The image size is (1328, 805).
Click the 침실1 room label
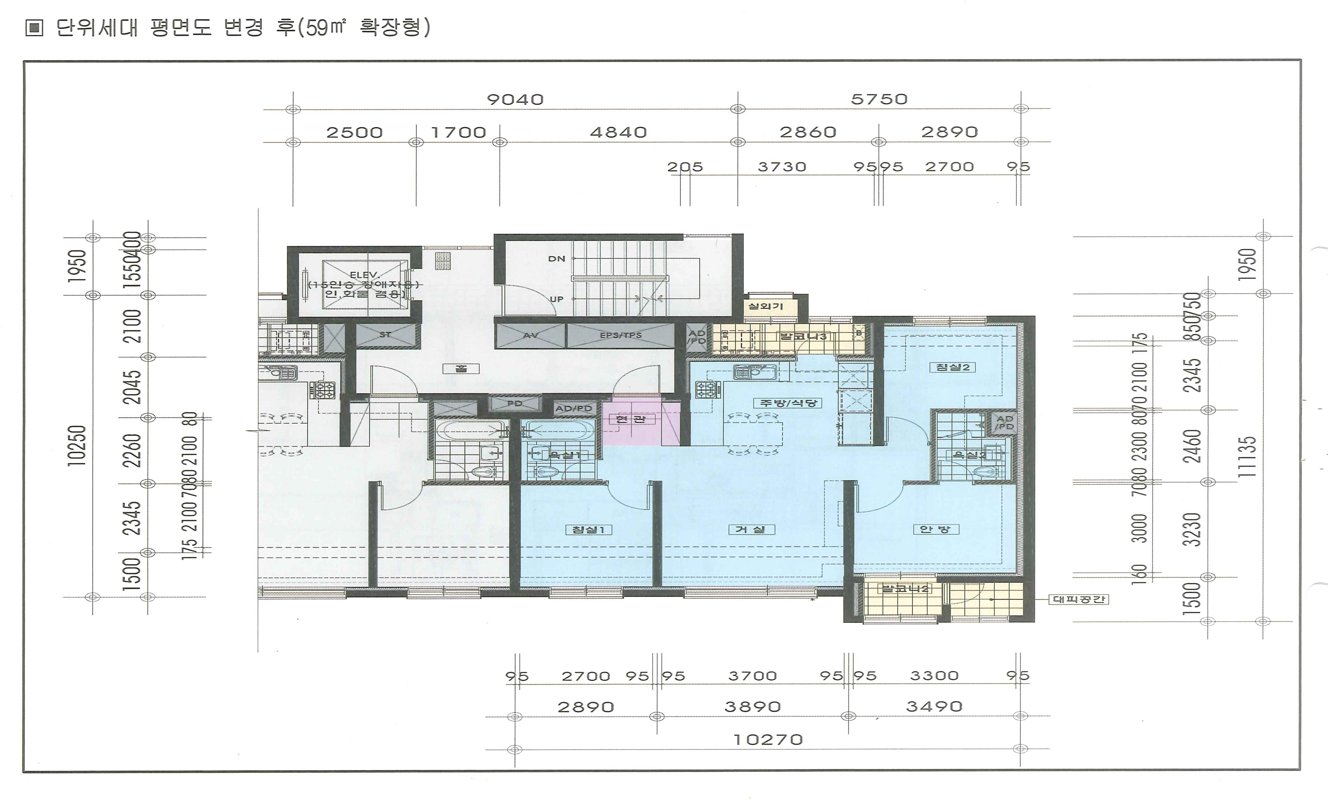click(x=588, y=529)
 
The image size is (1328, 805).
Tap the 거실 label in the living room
click(x=751, y=529)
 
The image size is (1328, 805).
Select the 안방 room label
click(x=935, y=529)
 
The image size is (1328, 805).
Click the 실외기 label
click(x=765, y=306)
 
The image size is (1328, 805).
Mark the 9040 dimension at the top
click(x=515, y=99)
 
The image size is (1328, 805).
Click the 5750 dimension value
click(x=879, y=99)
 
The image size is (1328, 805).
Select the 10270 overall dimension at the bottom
click(x=768, y=740)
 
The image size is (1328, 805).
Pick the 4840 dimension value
click(x=618, y=132)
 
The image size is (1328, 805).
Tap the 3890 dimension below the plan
click(x=752, y=707)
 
